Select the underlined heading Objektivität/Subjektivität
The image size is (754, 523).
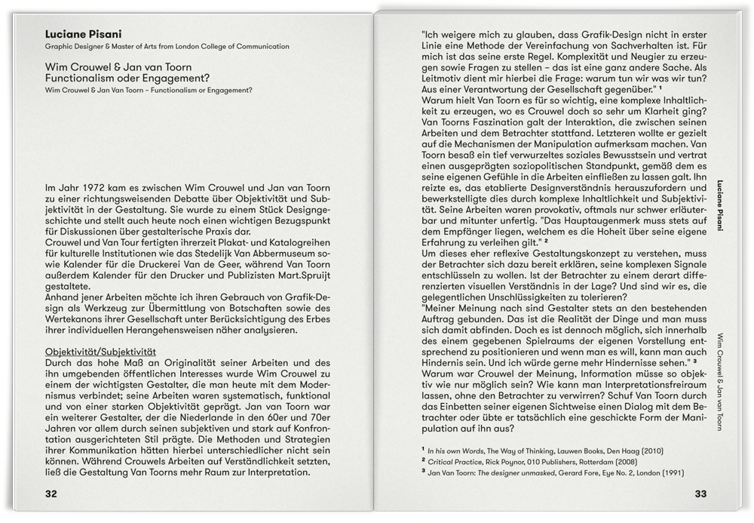pos(100,352)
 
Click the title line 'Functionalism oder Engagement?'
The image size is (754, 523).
pos(127,78)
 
